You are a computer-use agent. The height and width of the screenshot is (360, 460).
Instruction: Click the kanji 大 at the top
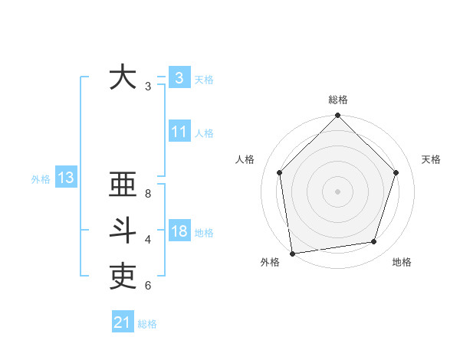123,77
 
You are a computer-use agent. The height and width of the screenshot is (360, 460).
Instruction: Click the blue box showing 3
179,77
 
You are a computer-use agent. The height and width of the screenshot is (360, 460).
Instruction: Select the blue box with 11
179,132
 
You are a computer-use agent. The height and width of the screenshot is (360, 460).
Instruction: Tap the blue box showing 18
179,231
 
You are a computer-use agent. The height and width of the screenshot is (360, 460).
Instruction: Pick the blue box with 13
65,178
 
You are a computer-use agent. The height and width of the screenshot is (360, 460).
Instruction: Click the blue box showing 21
123,322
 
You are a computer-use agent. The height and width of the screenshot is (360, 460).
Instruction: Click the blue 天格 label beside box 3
204,79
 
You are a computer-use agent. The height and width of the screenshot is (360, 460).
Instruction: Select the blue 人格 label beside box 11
204,133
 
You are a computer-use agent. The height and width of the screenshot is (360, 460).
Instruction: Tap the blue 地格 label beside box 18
204,232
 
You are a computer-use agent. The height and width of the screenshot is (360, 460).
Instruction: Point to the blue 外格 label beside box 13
41,179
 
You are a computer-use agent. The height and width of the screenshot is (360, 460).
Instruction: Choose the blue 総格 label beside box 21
147,324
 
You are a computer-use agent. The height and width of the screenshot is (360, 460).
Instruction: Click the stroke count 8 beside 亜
148,194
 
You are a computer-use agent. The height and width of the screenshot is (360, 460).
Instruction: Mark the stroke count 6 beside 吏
148,286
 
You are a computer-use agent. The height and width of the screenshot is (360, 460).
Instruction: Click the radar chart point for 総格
337,116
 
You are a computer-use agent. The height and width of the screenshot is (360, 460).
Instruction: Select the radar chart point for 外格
292,253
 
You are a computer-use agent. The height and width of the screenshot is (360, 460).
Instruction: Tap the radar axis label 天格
432,159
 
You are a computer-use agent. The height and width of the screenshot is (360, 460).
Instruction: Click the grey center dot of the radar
337,191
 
